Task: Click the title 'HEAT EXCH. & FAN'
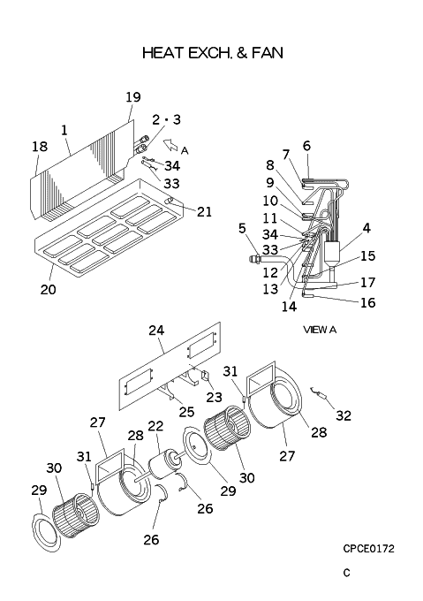pyautogui.click(x=213, y=53)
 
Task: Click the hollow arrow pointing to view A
pyautogui.click(x=170, y=145)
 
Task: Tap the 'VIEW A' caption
pyautogui.click(x=320, y=330)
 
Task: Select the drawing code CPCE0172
pyautogui.click(x=368, y=549)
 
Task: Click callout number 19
pyautogui.click(x=133, y=97)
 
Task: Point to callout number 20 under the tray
pyautogui.click(x=49, y=289)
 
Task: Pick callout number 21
pyautogui.click(x=204, y=211)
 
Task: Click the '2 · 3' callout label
pyautogui.click(x=166, y=119)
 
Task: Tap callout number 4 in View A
pyautogui.click(x=366, y=228)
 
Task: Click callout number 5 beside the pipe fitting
pyautogui.click(x=242, y=228)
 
